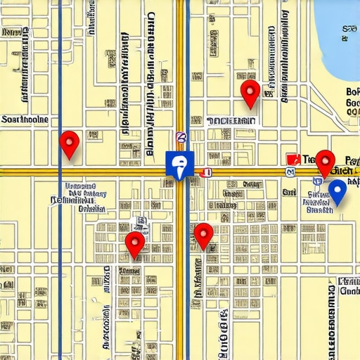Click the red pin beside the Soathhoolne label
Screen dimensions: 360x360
pos(69,143)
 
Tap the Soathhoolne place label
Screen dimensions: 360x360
pos(25,120)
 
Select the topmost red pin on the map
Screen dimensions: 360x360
pos(250,93)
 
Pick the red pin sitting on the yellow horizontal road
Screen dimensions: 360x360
pos(324,162)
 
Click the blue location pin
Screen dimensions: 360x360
pos(337,191)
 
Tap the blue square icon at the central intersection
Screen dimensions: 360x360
pos(179,165)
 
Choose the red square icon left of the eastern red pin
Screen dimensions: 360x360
pos(293,160)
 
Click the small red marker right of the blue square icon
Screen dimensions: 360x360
pos(205,172)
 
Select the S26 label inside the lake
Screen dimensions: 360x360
pos(349,29)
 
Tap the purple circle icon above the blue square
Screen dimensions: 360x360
pos(181,138)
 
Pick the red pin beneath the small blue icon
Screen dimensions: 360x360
pos(134,243)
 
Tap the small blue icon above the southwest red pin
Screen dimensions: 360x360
pos(141,222)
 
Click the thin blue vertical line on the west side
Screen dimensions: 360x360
pos(60,281)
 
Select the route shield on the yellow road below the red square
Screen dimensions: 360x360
pos(290,172)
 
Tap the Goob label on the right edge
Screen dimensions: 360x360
pos(349,290)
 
